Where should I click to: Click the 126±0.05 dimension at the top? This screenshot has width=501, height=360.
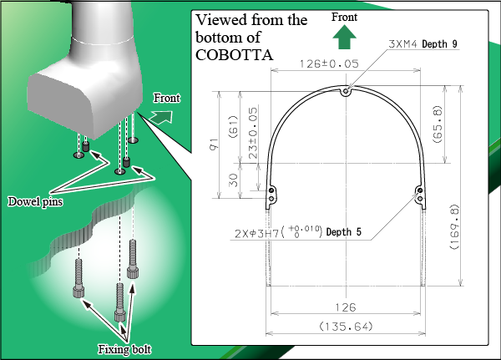point(329,64)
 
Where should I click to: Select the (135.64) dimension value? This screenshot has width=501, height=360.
point(346,327)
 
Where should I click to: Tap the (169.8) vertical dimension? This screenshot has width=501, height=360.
point(454,226)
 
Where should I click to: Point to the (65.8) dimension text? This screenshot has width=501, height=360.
point(438,124)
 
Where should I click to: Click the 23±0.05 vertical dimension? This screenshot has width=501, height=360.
point(252,133)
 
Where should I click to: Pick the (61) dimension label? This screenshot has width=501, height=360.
point(233,127)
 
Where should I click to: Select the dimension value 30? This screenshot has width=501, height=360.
point(234,180)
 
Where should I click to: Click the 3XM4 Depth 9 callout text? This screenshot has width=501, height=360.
point(423,43)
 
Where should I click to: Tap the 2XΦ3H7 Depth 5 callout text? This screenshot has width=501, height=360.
point(298,232)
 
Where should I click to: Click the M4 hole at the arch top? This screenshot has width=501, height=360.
point(346,92)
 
